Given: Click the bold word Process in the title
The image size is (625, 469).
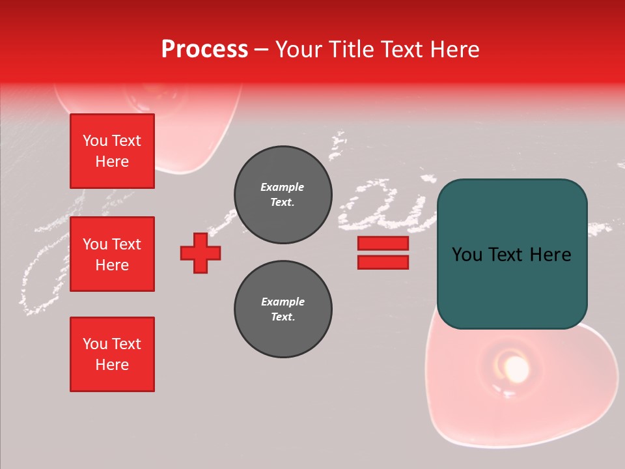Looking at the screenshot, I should pos(204,50).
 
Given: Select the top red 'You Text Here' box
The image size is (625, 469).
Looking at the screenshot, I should pos(112,151).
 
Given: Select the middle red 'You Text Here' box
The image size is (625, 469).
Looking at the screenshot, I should pos(112,254).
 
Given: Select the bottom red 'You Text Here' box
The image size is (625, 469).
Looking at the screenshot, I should pos(112,354).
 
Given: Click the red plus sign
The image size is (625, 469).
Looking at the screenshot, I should pos(201,253).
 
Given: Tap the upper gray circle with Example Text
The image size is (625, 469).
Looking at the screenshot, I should pos(283,195).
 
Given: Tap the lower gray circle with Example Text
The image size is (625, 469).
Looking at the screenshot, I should pos(283,309).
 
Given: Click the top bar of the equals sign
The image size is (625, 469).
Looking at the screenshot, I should pos(383,244).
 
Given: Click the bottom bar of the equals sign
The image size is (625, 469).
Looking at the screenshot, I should pos(383,263).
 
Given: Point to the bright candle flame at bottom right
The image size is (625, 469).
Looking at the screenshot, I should pos(516,369).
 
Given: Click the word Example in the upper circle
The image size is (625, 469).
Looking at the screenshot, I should pos(283,187).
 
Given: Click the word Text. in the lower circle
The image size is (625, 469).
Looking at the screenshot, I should pos(283,317).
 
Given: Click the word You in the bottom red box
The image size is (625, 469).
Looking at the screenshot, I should pos(95,344).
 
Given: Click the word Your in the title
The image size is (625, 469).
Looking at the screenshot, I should pos(299,50).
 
